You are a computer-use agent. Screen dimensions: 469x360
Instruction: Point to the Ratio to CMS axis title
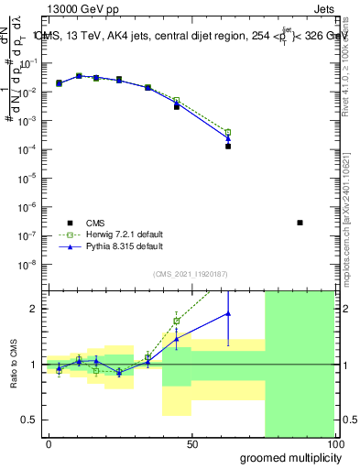click(15, 365)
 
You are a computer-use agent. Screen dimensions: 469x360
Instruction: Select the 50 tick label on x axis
click(192, 444)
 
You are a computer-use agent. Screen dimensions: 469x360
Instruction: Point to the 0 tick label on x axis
click(49, 444)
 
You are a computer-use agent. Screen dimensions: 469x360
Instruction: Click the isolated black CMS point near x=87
click(300, 223)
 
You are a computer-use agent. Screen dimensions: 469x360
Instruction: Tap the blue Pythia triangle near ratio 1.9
click(228, 313)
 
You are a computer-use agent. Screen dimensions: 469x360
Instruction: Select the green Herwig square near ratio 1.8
click(176, 321)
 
